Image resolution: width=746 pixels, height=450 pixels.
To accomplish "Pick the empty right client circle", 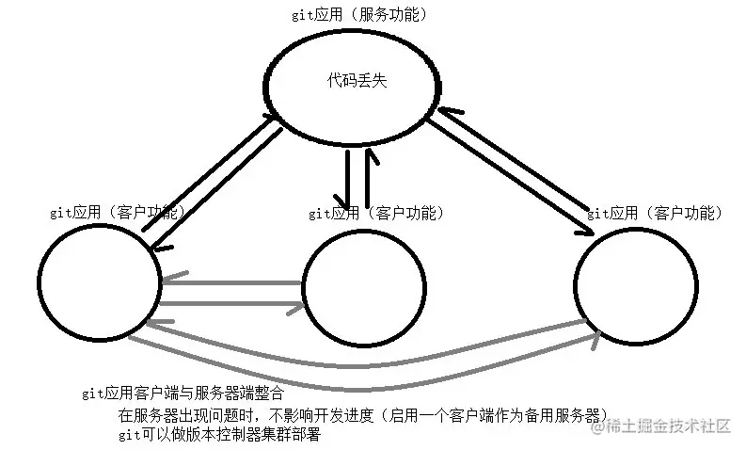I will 636,282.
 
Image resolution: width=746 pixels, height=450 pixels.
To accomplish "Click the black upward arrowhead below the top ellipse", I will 369,153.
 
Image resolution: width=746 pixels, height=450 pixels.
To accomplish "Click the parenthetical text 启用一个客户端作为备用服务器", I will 497,415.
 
